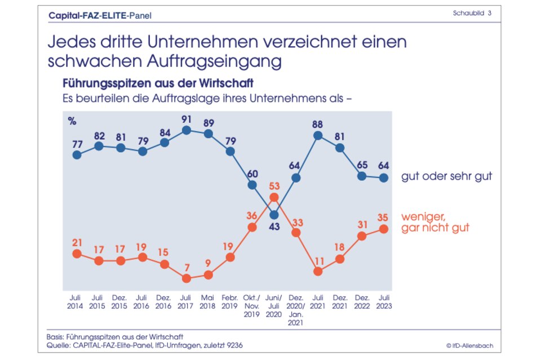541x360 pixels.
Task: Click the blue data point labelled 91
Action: click(x=187, y=130)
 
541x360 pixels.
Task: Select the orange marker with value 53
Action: click(x=274, y=197)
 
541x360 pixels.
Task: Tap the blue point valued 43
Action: click(x=274, y=214)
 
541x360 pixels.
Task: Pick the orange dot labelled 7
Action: click(x=187, y=278)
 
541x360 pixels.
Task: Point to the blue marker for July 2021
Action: click(x=318, y=135)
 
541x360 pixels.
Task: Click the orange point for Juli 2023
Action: click(x=384, y=229)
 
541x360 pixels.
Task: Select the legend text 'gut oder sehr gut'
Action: click(x=446, y=176)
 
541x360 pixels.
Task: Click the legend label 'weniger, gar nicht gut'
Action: click(x=435, y=222)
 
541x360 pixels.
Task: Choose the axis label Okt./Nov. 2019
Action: click(x=252, y=306)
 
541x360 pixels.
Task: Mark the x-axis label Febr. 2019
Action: click(x=230, y=301)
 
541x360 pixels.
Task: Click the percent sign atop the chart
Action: click(x=72, y=121)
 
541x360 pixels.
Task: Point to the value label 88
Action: click(x=318, y=122)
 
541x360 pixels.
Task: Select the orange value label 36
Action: click(x=252, y=215)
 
